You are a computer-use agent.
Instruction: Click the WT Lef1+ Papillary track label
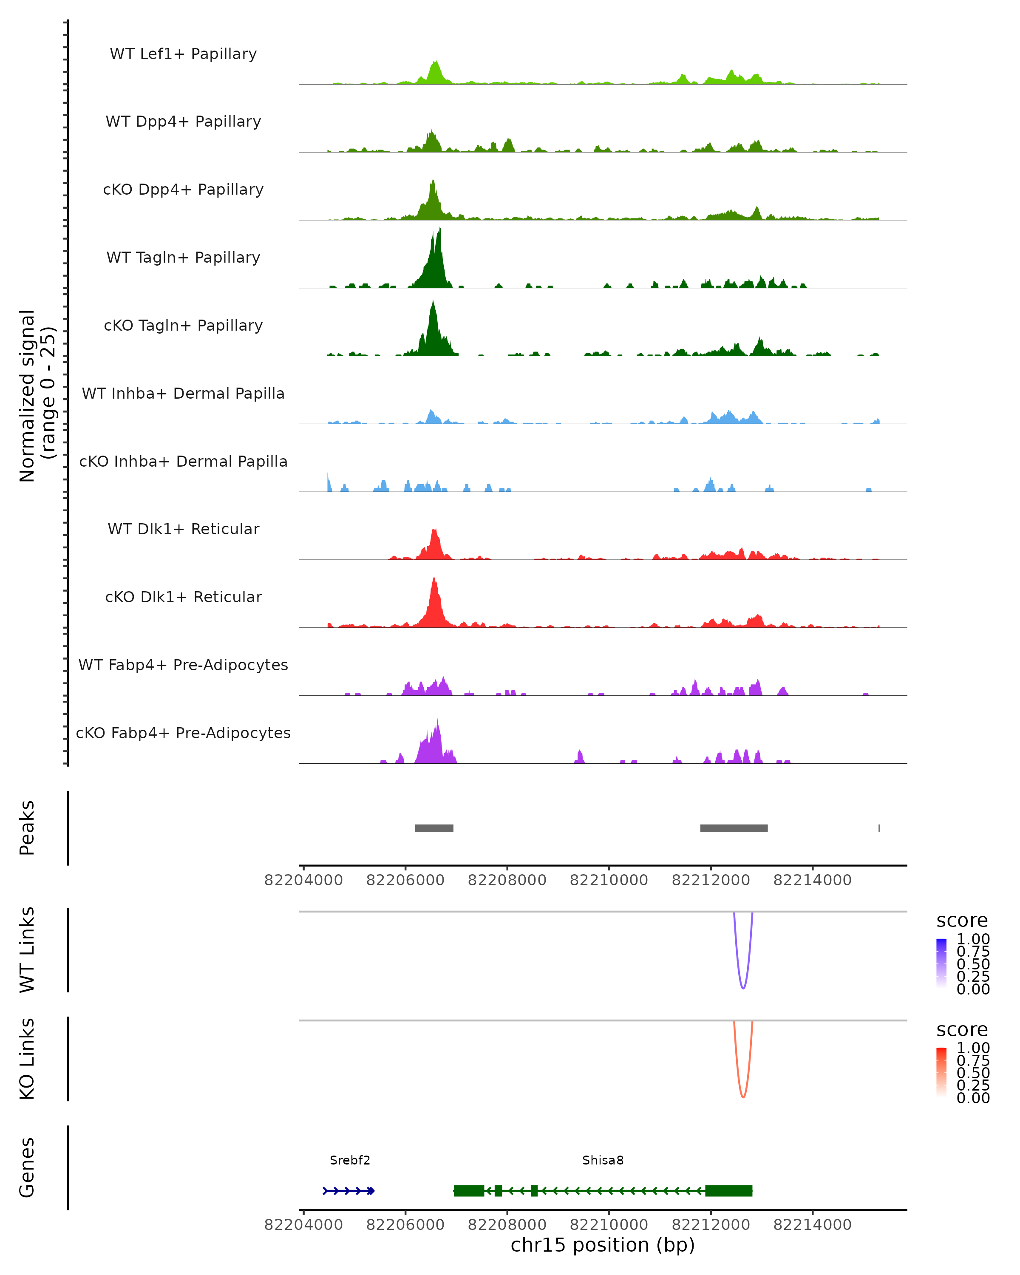click(x=183, y=54)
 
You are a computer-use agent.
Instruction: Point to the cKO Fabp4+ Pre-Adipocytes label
click(x=183, y=733)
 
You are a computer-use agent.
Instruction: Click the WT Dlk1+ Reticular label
click(x=183, y=529)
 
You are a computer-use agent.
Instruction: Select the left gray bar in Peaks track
click(x=434, y=828)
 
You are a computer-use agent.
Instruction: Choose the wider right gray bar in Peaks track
click(x=734, y=828)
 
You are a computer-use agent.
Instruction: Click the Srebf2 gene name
click(x=350, y=1160)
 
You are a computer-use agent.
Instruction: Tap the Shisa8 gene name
click(x=603, y=1160)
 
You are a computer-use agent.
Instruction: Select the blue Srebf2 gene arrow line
click(x=349, y=1191)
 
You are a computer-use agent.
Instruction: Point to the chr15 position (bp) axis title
click(x=603, y=1245)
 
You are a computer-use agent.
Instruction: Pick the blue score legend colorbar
click(x=941, y=963)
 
